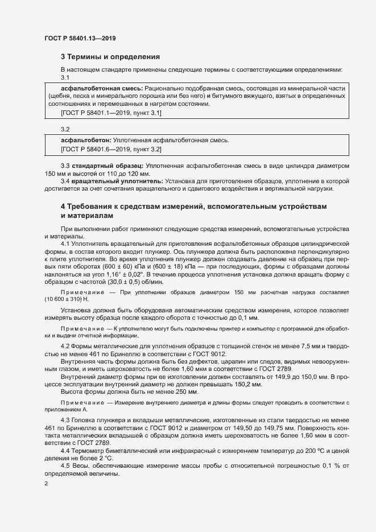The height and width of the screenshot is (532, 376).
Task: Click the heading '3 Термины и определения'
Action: (110, 57)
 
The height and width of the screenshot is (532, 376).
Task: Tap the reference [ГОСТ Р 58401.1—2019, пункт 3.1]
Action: (111, 113)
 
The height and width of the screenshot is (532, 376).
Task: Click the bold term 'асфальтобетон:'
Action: (86, 140)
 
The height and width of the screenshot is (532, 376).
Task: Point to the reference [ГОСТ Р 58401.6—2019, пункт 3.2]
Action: (111, 149)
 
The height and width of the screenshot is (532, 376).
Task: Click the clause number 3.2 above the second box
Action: (65, 130)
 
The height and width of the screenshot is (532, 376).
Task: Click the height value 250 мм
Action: (187, 392)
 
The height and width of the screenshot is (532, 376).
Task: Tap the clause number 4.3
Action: (65, 419)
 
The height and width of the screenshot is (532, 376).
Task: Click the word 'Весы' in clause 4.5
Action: (82, 467)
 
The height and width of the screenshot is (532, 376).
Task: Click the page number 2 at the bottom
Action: (46, 483)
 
